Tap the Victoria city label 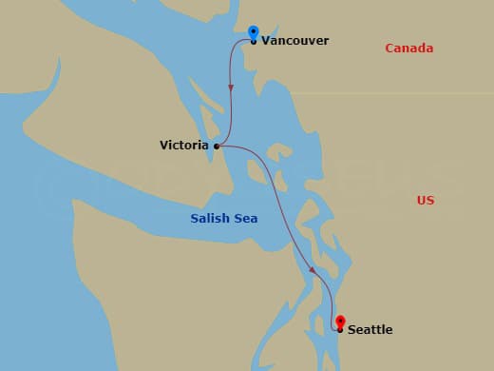[x=185, y=146]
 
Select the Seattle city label [x=370, y=330]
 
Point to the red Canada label [x=408, y=49]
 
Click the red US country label [x=425, y=201]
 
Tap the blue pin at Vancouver [x=254, y=33]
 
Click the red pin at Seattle [x=340, y=322]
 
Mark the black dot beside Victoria [x=218, y=146]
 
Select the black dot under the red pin [x=340, y=330]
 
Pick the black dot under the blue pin [x=254, y=41]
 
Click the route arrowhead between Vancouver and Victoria [x=231, y=90]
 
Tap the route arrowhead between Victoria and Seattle [x=313, y=272]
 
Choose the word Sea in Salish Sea [x=247, y=219]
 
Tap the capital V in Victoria [x=164, y=146]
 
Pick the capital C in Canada [x=389, y=49]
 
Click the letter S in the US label [x=429, y=201]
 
